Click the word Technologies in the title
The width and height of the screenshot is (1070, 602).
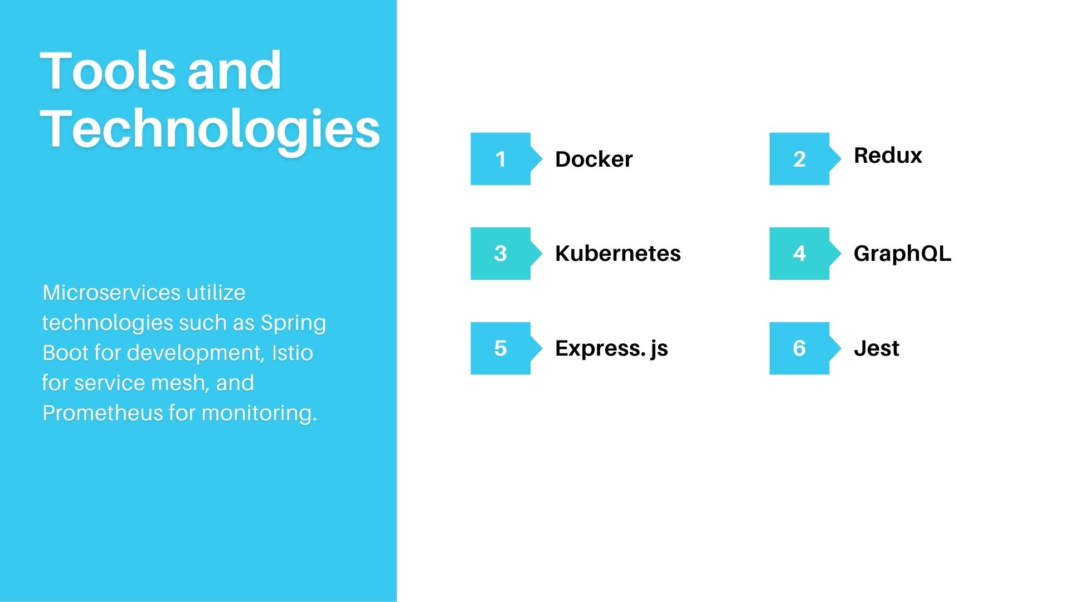(210, 129)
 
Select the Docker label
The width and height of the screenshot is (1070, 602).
(594, 159)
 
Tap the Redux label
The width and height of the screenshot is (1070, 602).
(888, 156)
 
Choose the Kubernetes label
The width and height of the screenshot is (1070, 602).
(617, 254)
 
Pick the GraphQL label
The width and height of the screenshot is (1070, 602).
(902, 254)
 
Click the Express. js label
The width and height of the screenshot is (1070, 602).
(611, 348)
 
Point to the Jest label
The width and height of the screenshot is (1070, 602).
(876, 348)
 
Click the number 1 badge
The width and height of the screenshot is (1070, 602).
(500, 159)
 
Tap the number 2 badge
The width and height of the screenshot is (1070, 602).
(799, 159)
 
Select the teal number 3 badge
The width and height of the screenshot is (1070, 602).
(500, 254)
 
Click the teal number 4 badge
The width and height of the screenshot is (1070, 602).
(799, 254)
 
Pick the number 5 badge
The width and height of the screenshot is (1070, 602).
(500, 348)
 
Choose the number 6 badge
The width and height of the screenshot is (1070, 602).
(799, 348)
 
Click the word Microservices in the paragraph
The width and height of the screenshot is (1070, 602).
(111, 293)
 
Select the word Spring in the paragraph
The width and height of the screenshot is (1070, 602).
(293, 323)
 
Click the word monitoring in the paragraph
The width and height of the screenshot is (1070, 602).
(259, 413)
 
